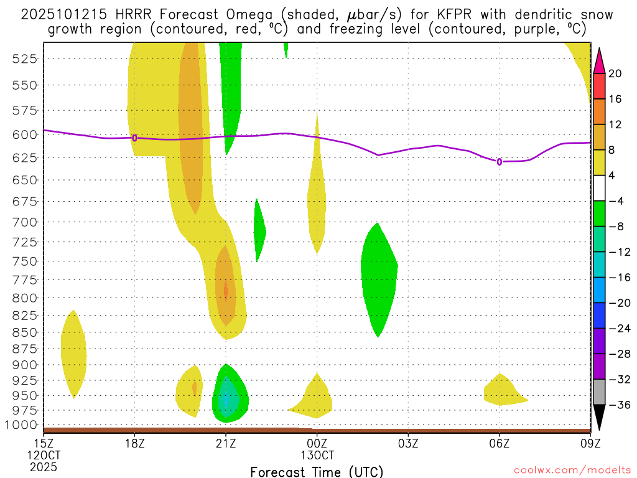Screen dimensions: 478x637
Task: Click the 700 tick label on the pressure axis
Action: click(24, 222)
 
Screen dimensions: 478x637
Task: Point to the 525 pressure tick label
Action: click(24, 59)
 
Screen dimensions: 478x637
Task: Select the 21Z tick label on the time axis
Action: click(226, 443)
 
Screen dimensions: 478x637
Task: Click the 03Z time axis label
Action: click(408, 443)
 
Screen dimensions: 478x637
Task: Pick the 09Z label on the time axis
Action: click(590, 443)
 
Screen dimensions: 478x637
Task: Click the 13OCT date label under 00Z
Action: click(317, 455)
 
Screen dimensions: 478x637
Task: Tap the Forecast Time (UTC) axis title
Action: click(317, 471)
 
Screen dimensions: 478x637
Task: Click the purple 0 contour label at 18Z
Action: click(134, 138)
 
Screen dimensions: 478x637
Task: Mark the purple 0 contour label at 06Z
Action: click(499, 162)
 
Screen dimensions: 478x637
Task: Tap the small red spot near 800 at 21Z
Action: click(226, 290)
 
